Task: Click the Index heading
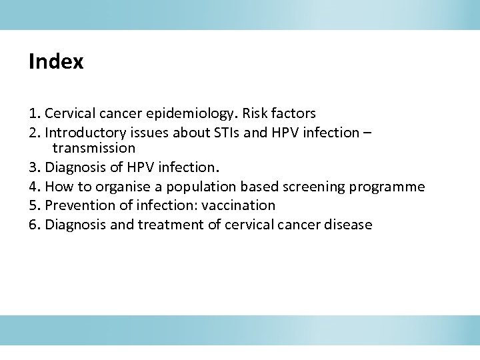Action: (x=56, y=62)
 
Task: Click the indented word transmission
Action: (x=94, y=148)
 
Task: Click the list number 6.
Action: (x=33, y=225)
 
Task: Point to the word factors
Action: (x=294, y=113)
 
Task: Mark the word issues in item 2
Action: (x=153, y=133)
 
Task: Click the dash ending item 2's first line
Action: (x=367, y=133)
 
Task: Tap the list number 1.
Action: (x=33, y=113)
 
